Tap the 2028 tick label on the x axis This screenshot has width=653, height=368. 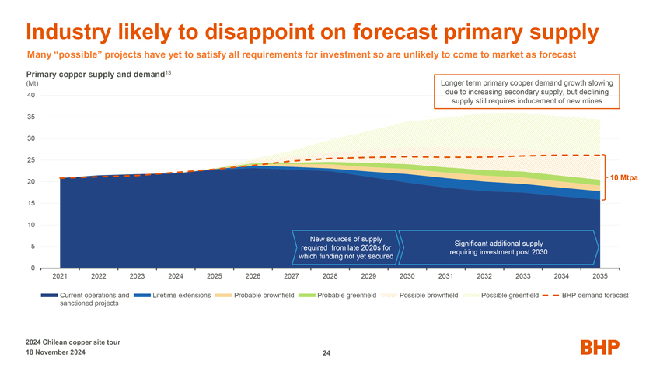(x=330, y=276)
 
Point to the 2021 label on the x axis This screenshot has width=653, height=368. (x=60, y=276)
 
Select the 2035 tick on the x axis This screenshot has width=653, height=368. (x=599, y=276)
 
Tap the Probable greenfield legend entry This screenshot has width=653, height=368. (x=347, y=295)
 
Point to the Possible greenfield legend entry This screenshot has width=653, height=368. (x=509, y=295)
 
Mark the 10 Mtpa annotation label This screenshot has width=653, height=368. (x=624, y=178)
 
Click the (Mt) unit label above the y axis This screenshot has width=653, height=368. (x=32, y=83)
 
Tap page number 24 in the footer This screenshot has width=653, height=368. (x=326, y=354)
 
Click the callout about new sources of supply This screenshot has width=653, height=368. (x=344, y=247)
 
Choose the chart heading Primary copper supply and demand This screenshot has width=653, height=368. (x=93, y=74)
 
